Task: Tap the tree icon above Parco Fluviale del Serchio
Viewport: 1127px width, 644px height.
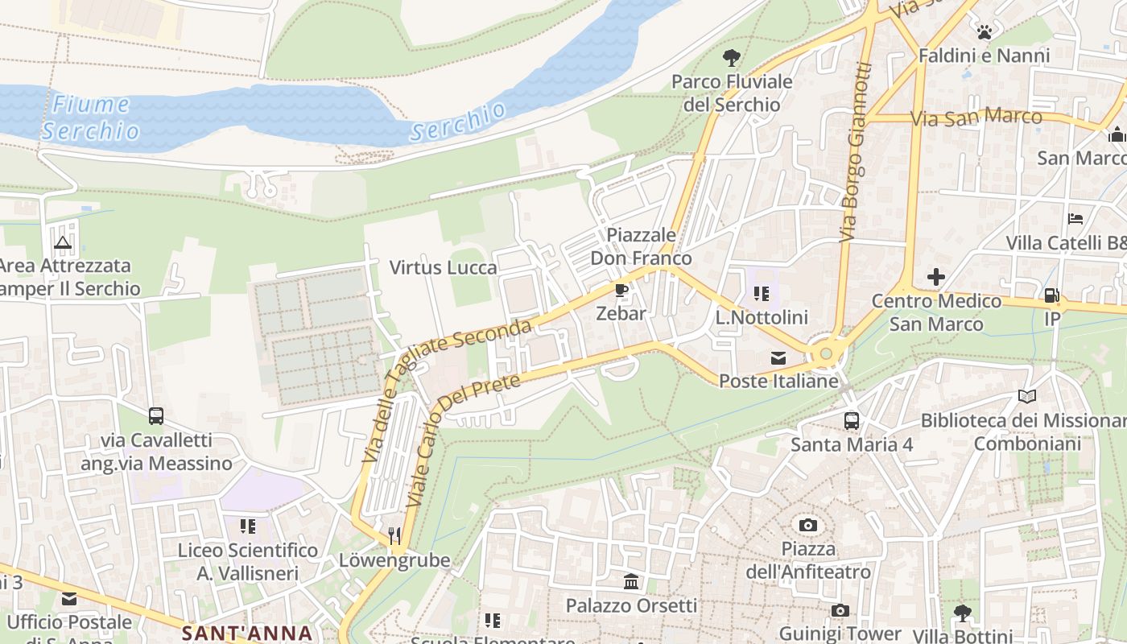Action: click(732, 58)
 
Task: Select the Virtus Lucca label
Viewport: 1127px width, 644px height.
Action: click(443, 267)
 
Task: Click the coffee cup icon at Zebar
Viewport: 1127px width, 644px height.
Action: click(621, 290)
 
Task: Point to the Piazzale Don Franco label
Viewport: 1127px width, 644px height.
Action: click(641, 246)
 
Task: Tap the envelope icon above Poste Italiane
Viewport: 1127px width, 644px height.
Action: click(778, 358)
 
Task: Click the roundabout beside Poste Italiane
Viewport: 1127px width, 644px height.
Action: click(826, 353)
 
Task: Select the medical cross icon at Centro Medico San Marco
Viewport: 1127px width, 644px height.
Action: click(935, 278)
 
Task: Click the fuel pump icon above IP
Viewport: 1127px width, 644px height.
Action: click(1051, 295)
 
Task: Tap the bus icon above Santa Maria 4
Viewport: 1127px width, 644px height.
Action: click(851, 420)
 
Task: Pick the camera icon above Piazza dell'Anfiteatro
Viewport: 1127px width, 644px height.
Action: click(808, 526)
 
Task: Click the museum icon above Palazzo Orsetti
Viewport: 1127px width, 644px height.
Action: click(631, 581)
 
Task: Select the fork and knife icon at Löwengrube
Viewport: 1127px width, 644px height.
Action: click(394, 535)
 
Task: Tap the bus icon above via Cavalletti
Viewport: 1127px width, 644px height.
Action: click(156, 416)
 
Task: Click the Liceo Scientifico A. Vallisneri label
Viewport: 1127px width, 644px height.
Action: click(247, 562)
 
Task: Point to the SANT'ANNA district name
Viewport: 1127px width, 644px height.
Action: click(246, 633)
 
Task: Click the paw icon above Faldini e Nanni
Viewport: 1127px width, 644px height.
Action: click(984, 32)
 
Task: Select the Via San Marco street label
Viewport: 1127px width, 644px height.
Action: click(976, 118)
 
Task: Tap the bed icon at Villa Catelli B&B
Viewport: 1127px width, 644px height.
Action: click(1075, 219)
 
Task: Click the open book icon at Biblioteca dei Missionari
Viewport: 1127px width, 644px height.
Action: click(1026, 396)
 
